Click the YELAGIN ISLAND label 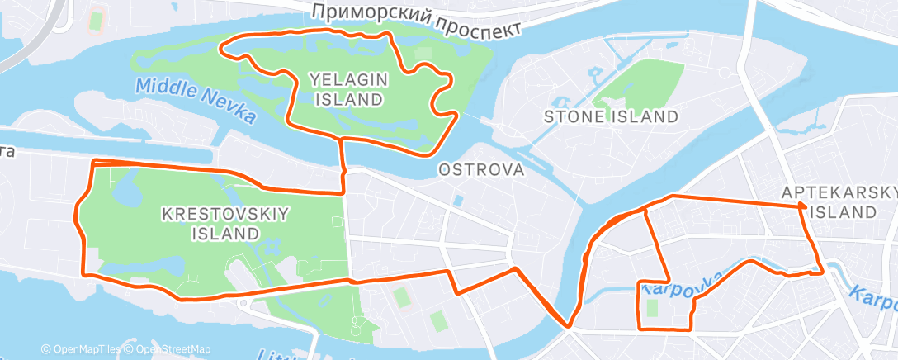point(347,89)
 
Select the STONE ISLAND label point(610,116)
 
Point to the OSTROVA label point(481,170)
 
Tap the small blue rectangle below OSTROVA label point(458,201)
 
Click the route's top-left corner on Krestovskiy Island point(93,161)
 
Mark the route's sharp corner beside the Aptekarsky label point(801,206)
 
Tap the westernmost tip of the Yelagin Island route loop point(221,47)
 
